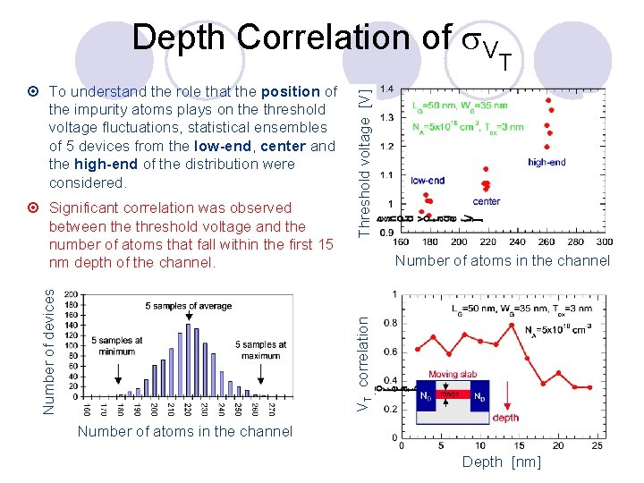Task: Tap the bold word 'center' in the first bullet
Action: pyautogui.click(x=284, y=146)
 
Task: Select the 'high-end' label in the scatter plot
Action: pyautogui.click(x=547, y=163)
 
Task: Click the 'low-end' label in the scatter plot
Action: pyautogui.click(x=428, y=181)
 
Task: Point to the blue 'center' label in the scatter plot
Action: pyautogui.click(x=486, y=201)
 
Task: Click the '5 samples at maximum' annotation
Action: pyautogui.click(x=261, y=351)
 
